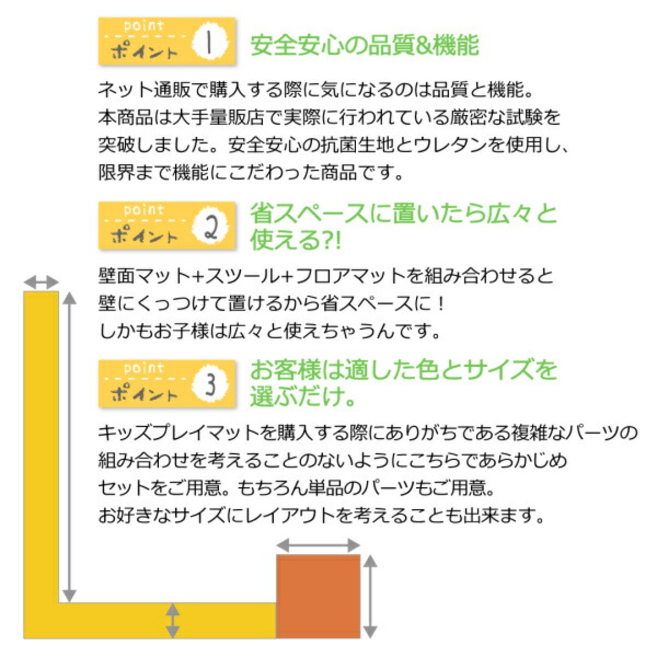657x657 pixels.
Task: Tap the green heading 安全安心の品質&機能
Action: (x=364, y=45)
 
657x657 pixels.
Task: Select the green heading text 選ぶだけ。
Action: (x=303, y=396)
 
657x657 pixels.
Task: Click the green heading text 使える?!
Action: (x=295, y=240)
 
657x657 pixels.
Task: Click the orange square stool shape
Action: (x=318, y=596)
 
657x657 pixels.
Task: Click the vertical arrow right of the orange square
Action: (x=371, y=596)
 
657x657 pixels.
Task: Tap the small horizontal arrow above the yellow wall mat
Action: (x=41, y=282)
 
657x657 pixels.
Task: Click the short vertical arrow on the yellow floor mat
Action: (x=173, y=621)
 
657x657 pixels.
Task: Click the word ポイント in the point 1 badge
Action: (x=144, y=52)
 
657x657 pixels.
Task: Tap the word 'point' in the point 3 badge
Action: (x=144, y=368)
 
